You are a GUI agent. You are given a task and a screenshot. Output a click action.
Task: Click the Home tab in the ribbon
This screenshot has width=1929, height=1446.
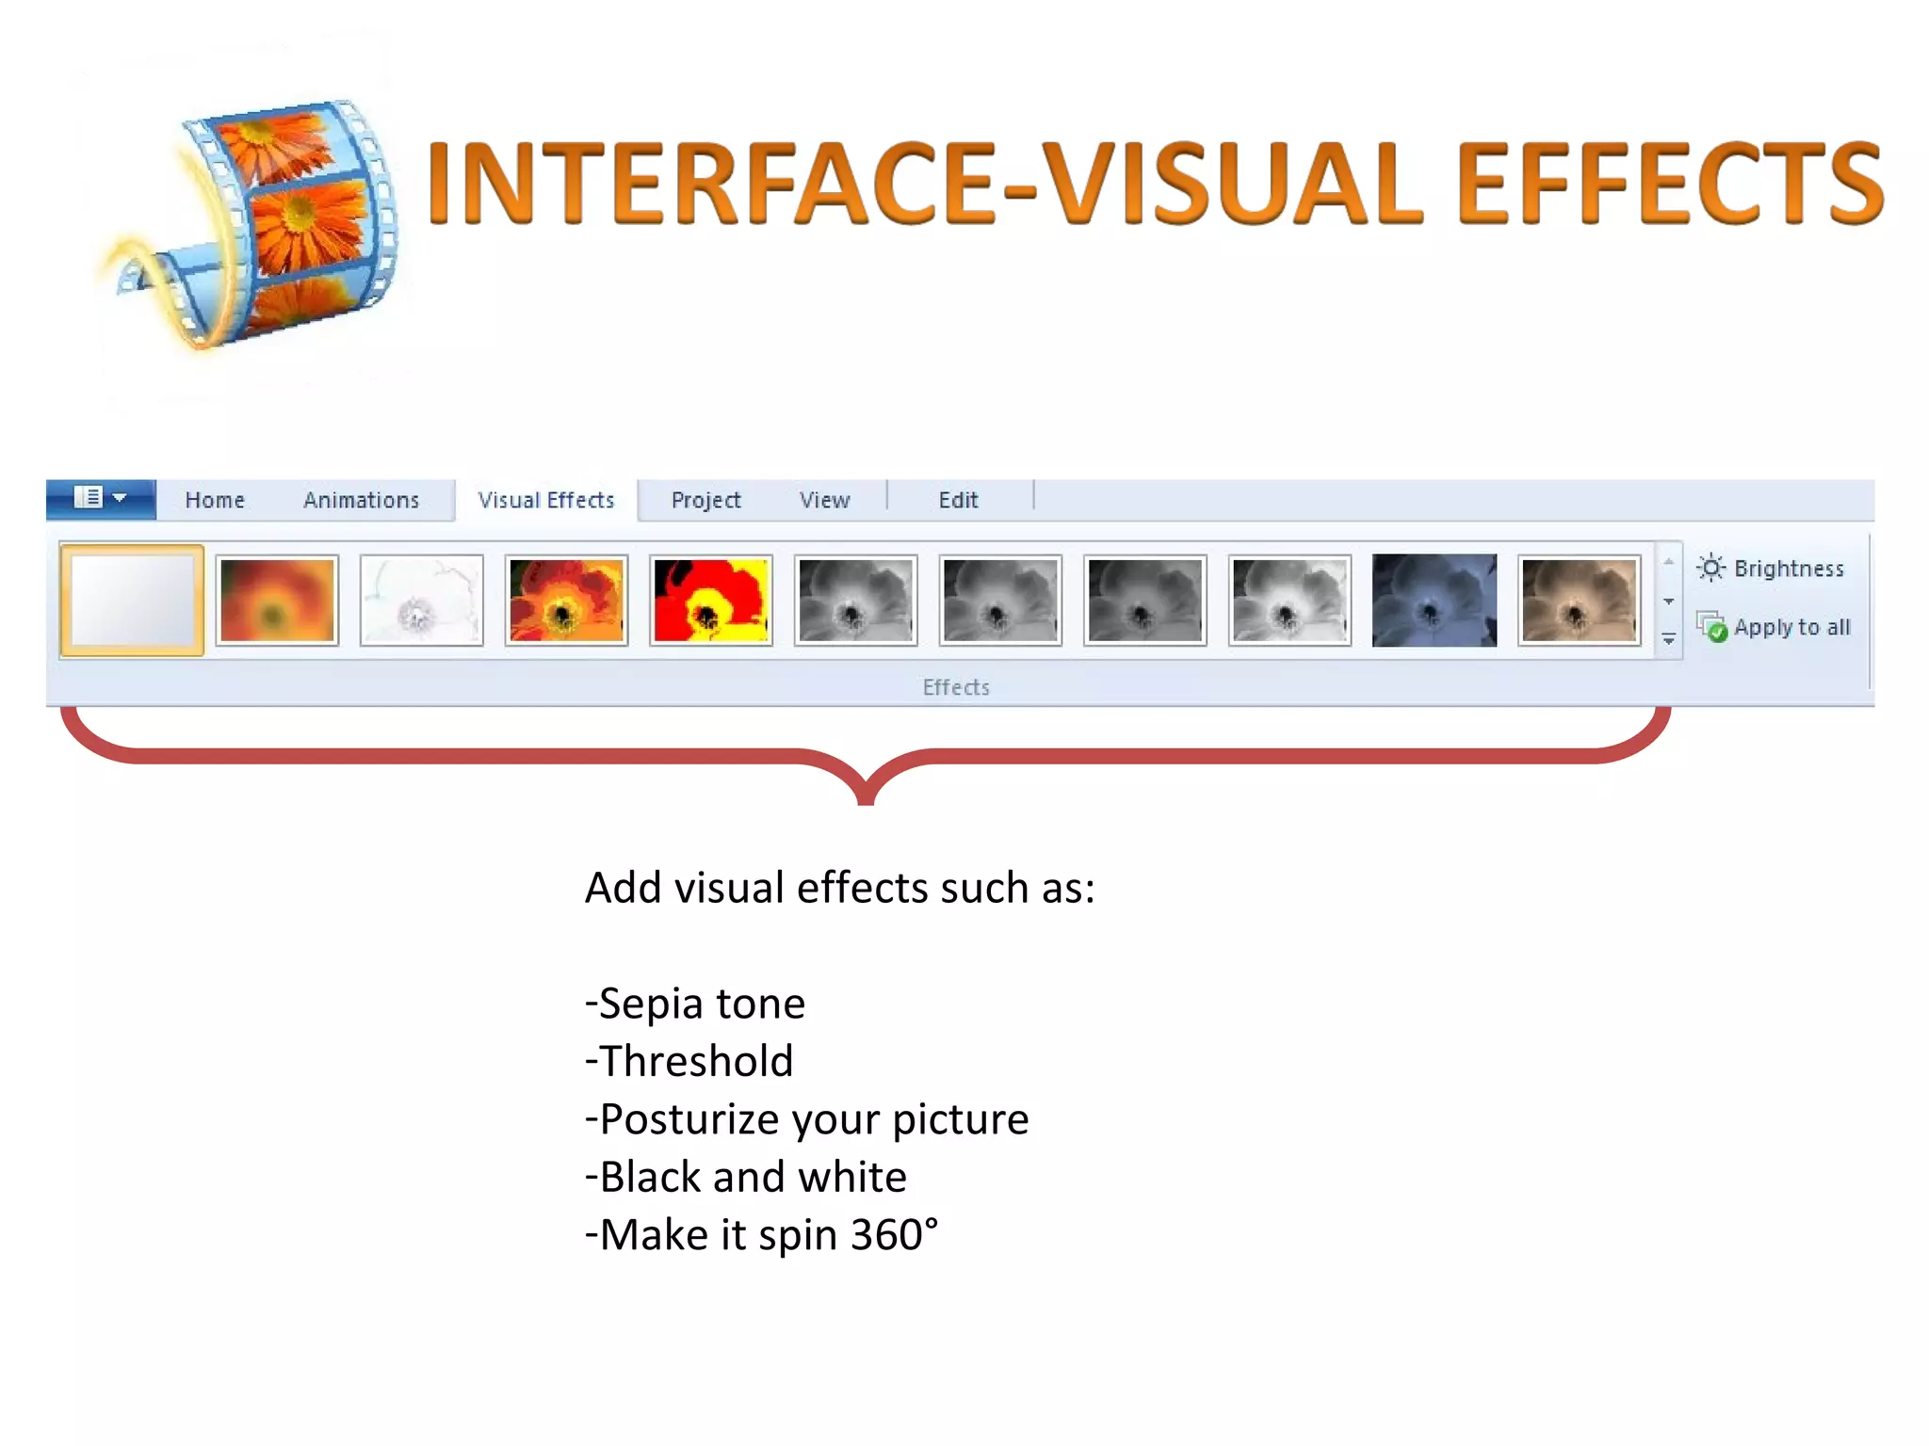click(x=215, y=500)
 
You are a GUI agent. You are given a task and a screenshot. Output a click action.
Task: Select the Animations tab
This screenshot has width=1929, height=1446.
click(x=361, y=500)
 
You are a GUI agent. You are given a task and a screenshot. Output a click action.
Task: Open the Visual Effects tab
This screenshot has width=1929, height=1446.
click(x=546, y=500)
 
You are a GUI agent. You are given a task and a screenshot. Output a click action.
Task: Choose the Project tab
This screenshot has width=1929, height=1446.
click(x=705, y=500)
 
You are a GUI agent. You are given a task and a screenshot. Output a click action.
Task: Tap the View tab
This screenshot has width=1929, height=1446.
click(x=824, y=500)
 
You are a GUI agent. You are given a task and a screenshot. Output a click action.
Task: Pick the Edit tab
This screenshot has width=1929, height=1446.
click(x=958, y=500)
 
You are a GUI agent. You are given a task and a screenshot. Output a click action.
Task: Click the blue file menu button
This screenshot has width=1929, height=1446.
click(x=101, y=498)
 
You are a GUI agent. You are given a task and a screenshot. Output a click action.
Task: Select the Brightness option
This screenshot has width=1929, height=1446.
click(x=1771, y=569)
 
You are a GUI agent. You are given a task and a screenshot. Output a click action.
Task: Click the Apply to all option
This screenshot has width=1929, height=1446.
click(x=1775, y=627)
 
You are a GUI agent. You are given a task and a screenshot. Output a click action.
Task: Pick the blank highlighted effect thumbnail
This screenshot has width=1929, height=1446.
click(x=132, y=601)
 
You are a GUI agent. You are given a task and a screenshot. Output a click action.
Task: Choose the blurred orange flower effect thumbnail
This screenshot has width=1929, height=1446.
click(x=277, y=601)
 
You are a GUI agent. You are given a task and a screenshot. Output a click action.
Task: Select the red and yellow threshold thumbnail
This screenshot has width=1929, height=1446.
click(x=711, y=601)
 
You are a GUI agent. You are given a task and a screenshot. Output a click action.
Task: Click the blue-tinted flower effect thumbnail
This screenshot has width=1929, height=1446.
click(x=1434, y=601)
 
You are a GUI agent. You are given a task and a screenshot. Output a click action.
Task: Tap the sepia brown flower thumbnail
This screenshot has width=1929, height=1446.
click(x=1579, y=601)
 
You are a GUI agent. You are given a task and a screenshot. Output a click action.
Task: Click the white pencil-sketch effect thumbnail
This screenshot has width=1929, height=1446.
click(x=422, y=601)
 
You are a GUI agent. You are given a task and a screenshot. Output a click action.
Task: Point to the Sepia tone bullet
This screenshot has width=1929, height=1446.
click(x=695, y=1004)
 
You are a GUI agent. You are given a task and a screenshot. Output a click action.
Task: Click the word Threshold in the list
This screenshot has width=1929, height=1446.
click(x=696, y=1061)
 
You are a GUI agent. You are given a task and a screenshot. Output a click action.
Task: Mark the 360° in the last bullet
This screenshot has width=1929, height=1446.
click(x=894, y=1234)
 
